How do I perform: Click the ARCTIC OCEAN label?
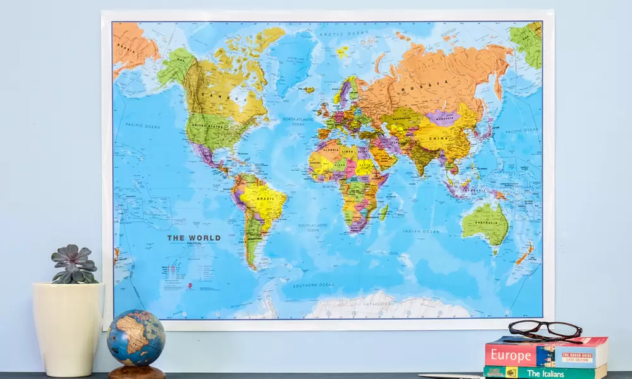pyautogui.click(x=335, y=33)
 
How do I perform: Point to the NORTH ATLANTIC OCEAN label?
pyautogui.click(x=298, y=121)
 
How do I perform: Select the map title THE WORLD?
pyautogui.click(x=193, y=238)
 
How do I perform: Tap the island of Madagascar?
pyautogui.click(x=384, y=212)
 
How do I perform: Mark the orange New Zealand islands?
pyautogui.click(x=525, y=254)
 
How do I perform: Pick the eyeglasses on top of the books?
pyautogui.click(x=545, y=329)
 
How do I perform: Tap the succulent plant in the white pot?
pyautogui.click(x=74, y=264)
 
